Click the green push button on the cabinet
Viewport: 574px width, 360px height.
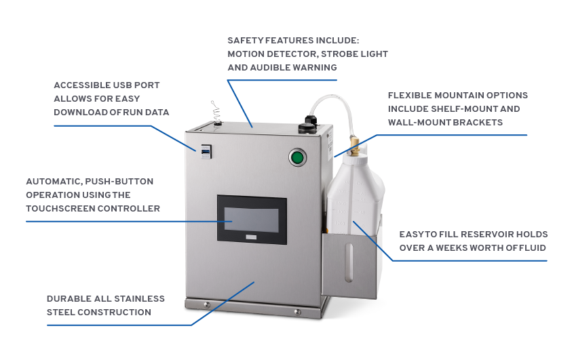click(x=297, y=158)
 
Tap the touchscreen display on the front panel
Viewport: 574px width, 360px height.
click(x=252, y=220)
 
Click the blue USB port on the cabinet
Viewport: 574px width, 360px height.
click(x=206, y=151)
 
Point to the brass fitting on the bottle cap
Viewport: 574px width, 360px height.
click(x=354, y=146)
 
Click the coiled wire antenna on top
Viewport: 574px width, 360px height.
click(x=216, y=113)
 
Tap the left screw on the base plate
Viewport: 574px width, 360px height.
click(x=207, y=305)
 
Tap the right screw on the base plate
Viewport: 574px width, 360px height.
click(x=298, y=312)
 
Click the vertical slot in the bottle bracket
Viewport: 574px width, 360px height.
click(x=349, y=262)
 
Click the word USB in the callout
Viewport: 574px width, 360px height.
click(x=122, y=85)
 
